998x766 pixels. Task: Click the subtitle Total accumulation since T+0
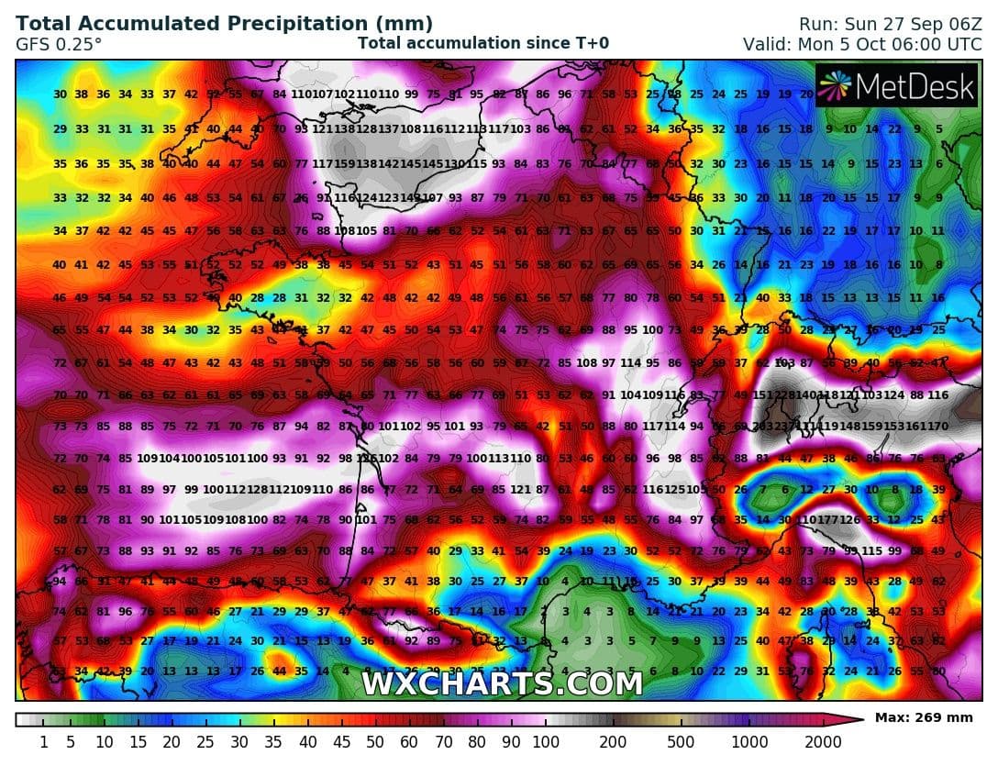pyautogui.click(x=482, y=43)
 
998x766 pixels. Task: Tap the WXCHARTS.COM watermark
pyautogui.click(x=502, y=683)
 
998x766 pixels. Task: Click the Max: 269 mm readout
pyautogui.click(x=927, y=716)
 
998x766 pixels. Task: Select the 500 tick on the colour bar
pyautogui.click(x=681, y=741)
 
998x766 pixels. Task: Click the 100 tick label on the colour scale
pyautogui.click(x=546, y=741)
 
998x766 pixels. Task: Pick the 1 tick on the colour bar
pyautogui.click(x=44, y=741)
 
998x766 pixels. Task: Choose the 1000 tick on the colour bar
pyautogui.click(x=750, y=741)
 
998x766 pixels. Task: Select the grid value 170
pyautogui.click(x=937, y=426)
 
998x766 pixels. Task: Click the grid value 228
pyautogui.click(x=785, y=394)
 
